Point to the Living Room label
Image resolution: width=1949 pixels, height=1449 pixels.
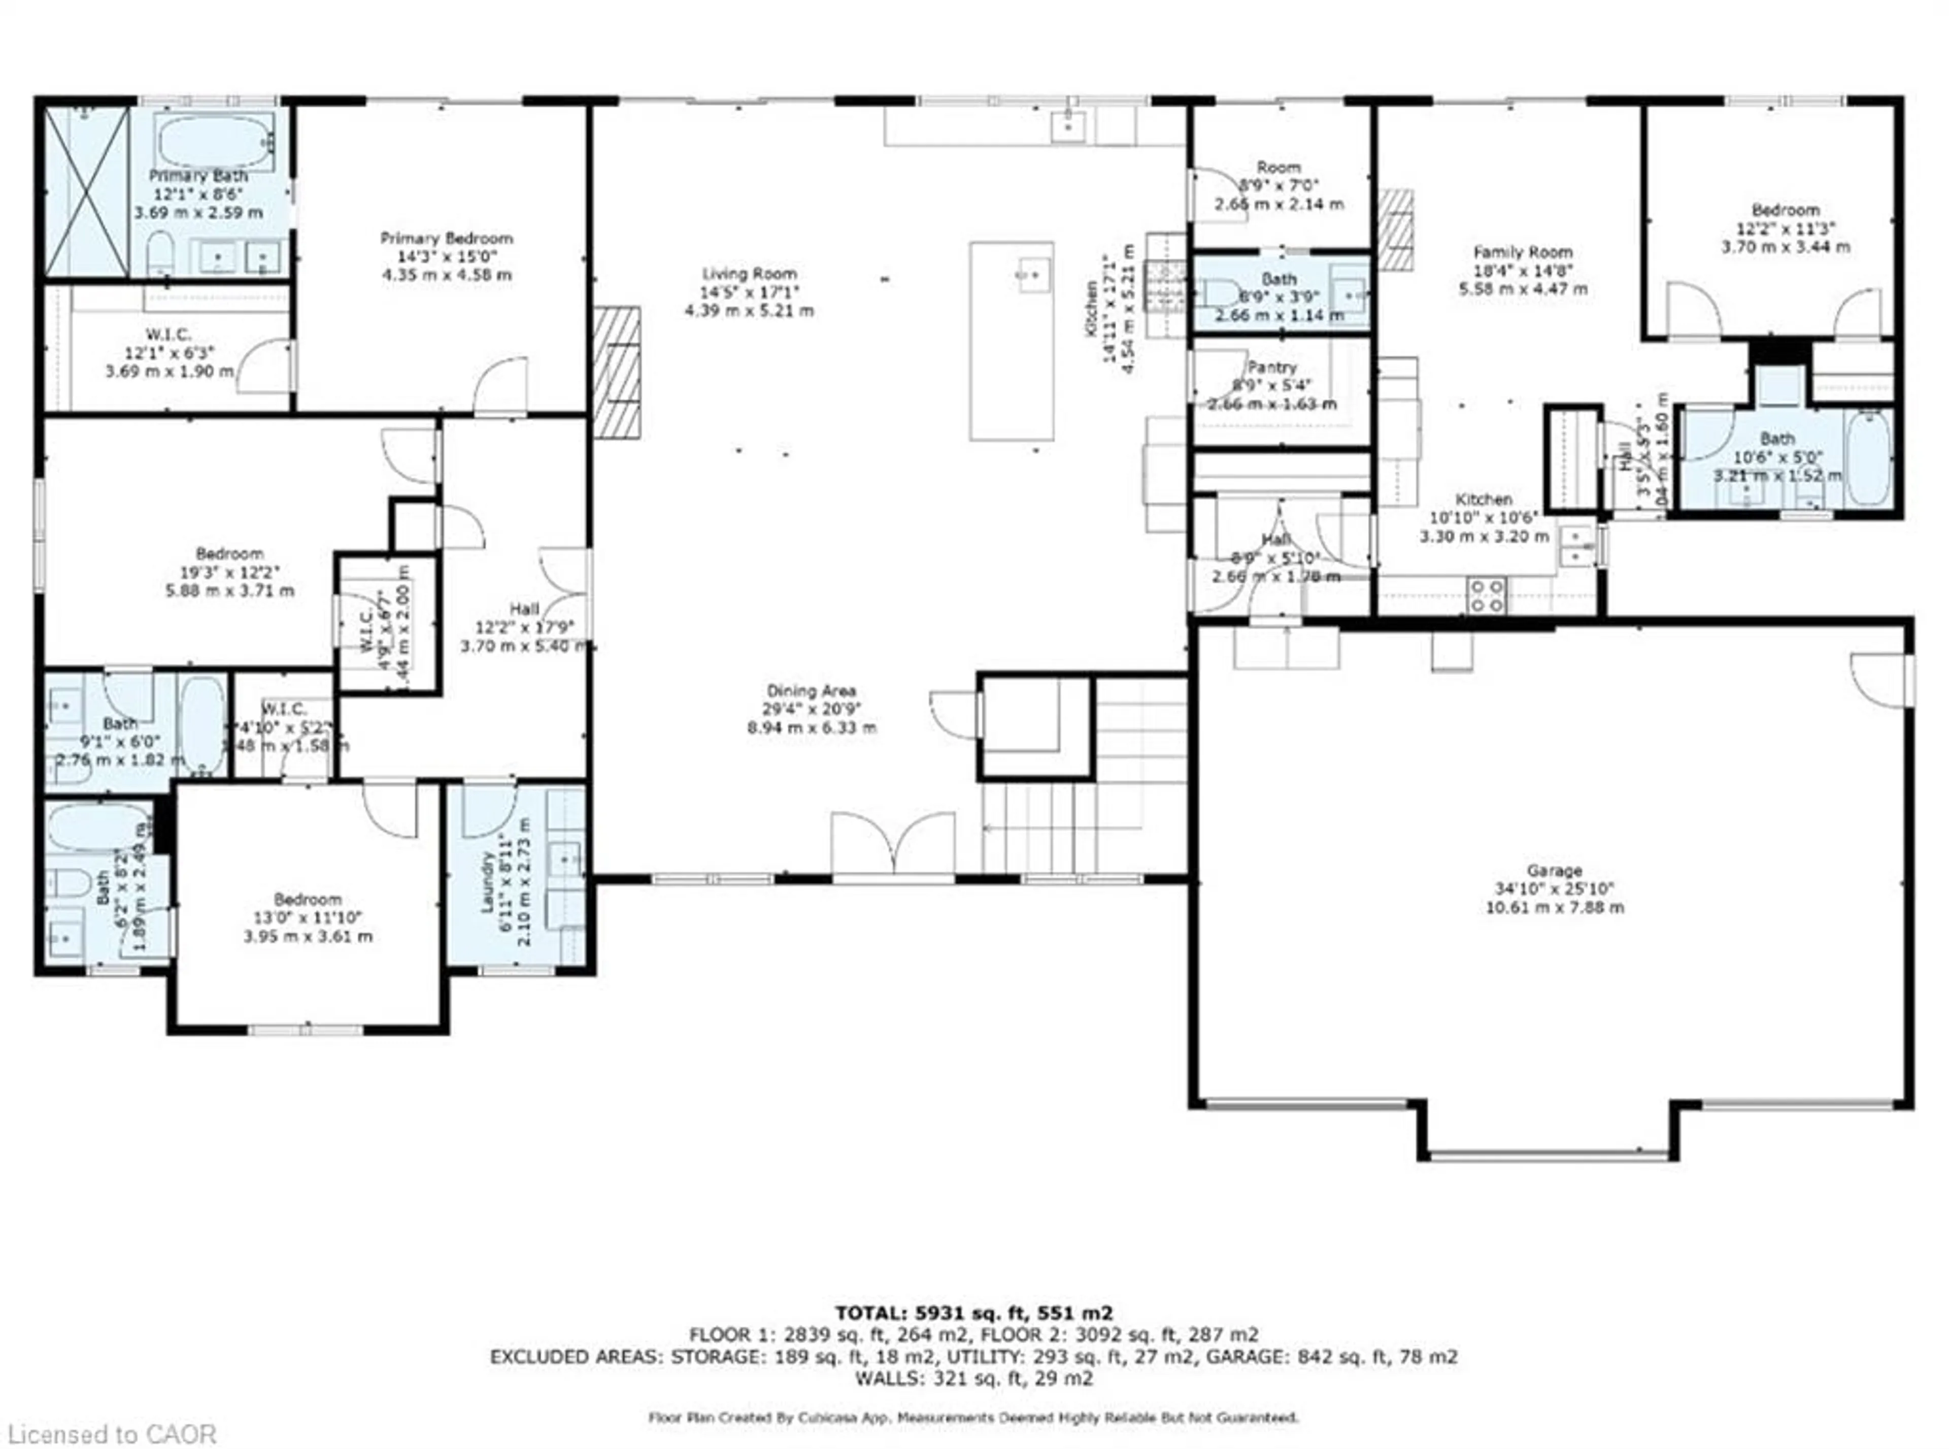point(749,274)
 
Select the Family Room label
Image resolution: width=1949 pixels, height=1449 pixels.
point(1523,252)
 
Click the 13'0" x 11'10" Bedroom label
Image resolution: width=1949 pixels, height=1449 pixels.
point(307,899)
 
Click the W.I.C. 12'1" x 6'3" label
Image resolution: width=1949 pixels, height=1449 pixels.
point(169,334)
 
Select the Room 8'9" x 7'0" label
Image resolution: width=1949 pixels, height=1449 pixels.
point(1279,167)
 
